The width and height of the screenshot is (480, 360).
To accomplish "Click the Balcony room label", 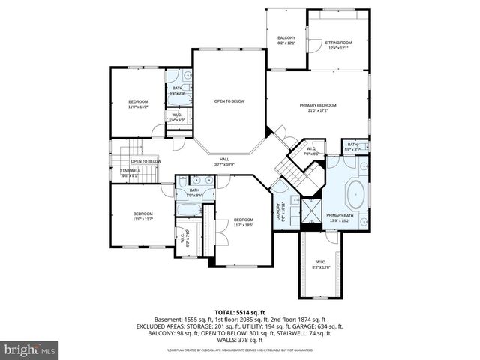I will click(286, 40).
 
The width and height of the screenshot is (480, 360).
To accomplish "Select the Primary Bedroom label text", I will click(317, 108).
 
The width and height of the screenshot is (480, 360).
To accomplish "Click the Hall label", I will click(223, 161).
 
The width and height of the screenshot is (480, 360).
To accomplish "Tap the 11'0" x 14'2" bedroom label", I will click(138, 104).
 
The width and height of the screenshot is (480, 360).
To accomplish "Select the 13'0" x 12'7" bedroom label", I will click(142, 217).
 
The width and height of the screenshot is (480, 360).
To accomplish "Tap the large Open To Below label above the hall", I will click(229, 101).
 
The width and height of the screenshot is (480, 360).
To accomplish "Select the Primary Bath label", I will click(340, 217).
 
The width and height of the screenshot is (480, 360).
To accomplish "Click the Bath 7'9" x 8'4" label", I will click(194, 193).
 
